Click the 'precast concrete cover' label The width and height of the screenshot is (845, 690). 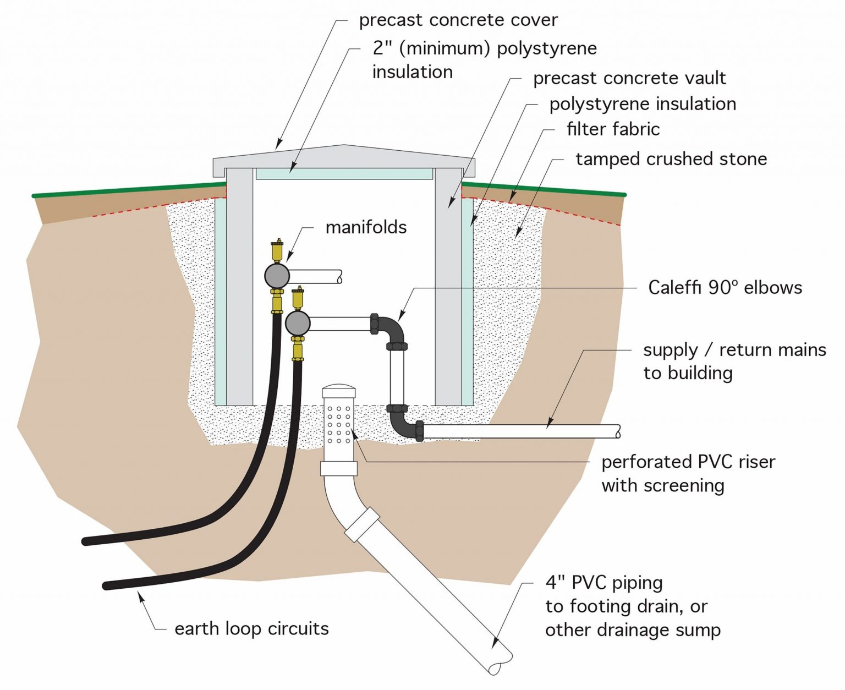click(x=458, y=20)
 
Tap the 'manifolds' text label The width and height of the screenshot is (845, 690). click(x=366, y=227)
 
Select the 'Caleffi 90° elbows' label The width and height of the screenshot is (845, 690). click(x=725, y=287)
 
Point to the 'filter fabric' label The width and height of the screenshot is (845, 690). click(x=613, y=129)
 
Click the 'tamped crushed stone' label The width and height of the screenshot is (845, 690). click(x=671, y=159)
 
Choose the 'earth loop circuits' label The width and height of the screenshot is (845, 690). click(x=251, y=628)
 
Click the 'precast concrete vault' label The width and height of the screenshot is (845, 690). click(x=629, y=78)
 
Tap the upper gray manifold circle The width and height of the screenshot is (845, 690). click(x=277, y=276)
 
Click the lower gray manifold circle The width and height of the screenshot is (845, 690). click(x=298, y=324)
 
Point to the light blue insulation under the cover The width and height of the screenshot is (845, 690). click(x=344, y=174)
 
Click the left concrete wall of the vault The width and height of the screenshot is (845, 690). click(x=239, y=286)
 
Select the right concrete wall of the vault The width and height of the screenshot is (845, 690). click(x=448, y=286)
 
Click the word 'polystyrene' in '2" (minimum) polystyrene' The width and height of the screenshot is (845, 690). click(x=546, y=48)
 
